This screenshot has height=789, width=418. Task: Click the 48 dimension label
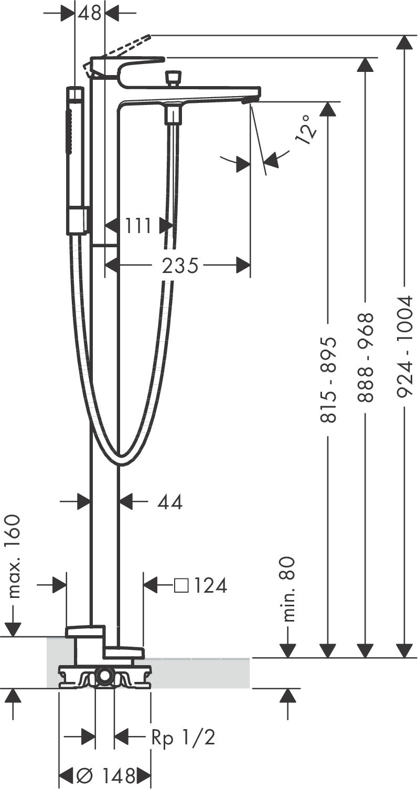pyautogui.click(x=90, y=13)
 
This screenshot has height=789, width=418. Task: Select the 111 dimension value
pyautogui.click(x=138, y=225)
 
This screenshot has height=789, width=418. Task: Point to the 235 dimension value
pyautogui.click(x=180, y=265)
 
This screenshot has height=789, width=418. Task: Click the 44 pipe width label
pyautogui.click(x=170, y=502)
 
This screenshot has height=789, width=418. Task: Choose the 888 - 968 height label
pyautogui.click(x=365, y=357)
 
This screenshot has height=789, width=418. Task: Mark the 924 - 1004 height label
pyautogui.click(x=403, y=347)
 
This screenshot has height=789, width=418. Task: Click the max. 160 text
pyautogui.click(x=14, y=557)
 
